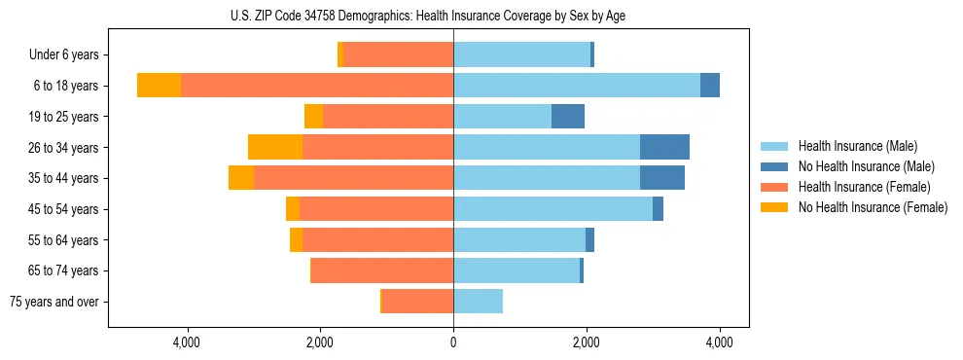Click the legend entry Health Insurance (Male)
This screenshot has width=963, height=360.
(857, 146)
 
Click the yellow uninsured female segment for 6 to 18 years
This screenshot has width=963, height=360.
(159, 86)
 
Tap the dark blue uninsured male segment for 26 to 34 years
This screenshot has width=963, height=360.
(664, 147)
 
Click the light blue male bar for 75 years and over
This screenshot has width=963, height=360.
(478, 302)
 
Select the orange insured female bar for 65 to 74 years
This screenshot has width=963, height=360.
(382, 270)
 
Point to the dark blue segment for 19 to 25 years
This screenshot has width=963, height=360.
(568, 117)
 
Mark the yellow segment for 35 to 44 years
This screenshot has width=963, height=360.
(241, 178)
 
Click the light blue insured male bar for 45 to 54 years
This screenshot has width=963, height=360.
(553, 209)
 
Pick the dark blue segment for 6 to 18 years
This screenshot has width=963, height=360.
(710, 86)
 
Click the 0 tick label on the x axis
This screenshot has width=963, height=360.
(453, 342)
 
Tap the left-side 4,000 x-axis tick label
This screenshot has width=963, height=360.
(186, 342)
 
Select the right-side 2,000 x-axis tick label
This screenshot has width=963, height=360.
(587, 342)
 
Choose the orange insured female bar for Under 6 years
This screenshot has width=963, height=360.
(399, 55)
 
